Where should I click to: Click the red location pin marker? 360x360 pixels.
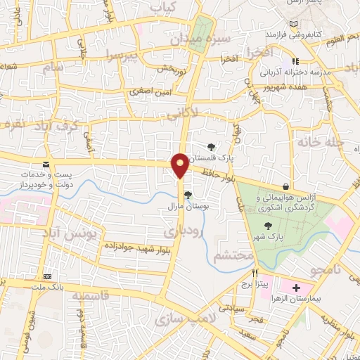coord(180,165)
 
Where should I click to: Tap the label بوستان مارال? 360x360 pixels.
coord(185,207)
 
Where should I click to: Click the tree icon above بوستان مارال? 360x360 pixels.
coord(187,195)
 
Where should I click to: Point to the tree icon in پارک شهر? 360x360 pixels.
coord(267,225)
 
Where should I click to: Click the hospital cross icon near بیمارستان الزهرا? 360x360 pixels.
coord(296,288)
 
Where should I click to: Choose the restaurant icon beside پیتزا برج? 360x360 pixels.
coord(255,272)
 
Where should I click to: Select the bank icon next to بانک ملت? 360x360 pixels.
coord(47,277)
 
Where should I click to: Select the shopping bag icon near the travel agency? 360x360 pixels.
coord(285,186)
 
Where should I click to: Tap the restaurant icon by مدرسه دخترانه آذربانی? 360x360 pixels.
coord(296,61)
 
